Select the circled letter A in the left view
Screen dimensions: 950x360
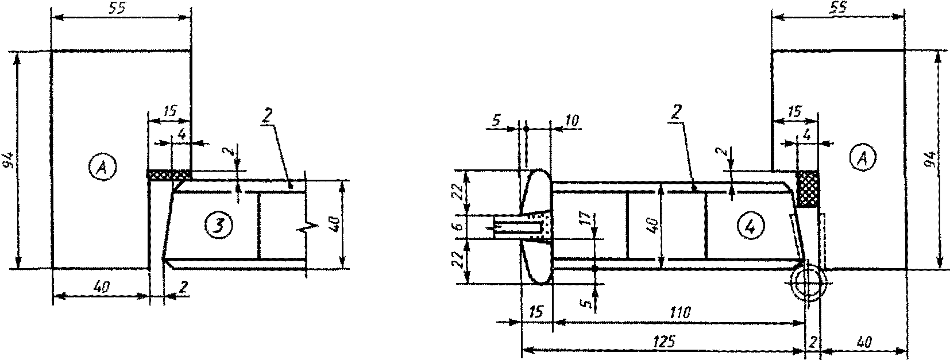pyautogui.click(x=102, y=168)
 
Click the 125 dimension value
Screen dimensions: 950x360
pyautogui.click(x=665, y=342)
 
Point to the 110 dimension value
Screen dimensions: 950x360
pyautogui.click(x=679, y=313)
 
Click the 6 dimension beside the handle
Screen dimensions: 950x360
pyautogui.click(x=458, y=227)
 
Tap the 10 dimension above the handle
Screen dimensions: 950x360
pyautogui.click(x=571, y=121)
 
